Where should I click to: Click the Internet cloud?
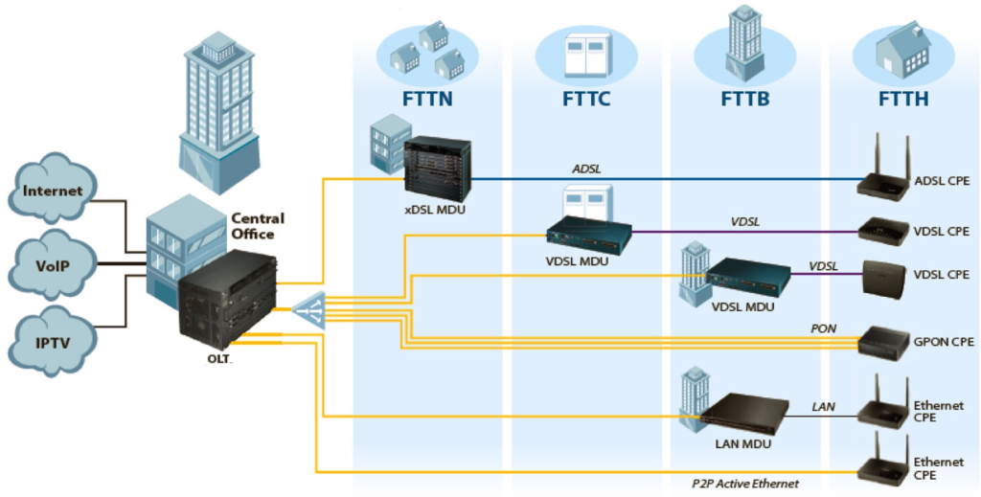point(53,191)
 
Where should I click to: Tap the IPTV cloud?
point(54,340)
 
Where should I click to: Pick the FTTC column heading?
point(584,99)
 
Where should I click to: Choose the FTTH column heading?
point(903,99)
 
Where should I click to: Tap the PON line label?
point(823,328)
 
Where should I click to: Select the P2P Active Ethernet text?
point(745,484)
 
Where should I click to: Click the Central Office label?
point(258,226)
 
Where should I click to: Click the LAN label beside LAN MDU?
point(823,407)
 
